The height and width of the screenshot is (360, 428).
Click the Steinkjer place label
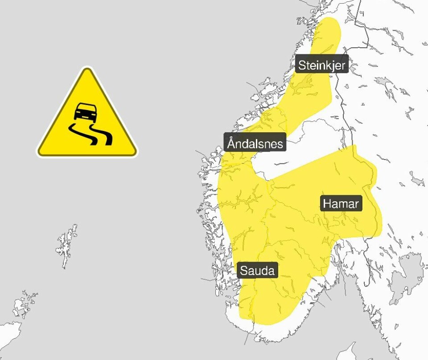pyautogui.click(x=321, y=65)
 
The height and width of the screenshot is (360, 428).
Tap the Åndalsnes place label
pyautogui.click(x=255, y=143)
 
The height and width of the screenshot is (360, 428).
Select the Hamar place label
pyautogui.click(x=341, y=204)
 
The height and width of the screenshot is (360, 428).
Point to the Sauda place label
pyautogui.click(x=258, y=270)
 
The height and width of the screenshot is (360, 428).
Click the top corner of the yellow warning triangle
pyautogui.click(x=86, y=70)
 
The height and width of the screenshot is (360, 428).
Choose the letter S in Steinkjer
pyautogui.click(x=302, y=65)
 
